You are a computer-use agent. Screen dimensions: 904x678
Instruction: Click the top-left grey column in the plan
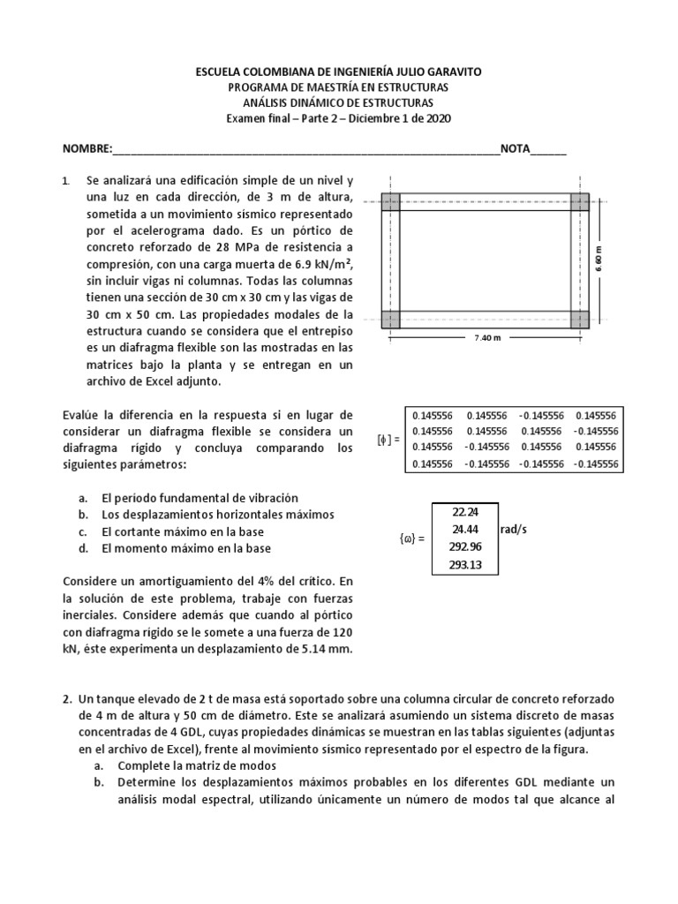[x=390, y=202]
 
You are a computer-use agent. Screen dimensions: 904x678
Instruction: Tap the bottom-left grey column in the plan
[x=390, y=319]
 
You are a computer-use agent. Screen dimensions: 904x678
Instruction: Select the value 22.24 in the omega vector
[x=464, y=511]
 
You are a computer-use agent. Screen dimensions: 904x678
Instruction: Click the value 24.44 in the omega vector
[x=464, y=529]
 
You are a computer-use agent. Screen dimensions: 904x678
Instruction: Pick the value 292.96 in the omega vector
[x=464, y=546]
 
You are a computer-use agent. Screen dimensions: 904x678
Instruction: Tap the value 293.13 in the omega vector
[x=464, y=565]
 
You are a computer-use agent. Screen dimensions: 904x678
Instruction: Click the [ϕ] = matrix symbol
[x=387, y=439]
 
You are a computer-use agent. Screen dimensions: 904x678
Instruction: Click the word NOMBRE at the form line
[x=87, y=148]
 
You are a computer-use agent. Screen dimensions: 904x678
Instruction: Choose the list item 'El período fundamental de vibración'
[x=200, y=498]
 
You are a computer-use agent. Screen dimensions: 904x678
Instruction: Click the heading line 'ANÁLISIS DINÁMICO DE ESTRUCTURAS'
[x=338, y=103]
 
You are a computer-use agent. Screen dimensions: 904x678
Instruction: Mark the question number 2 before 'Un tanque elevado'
[x=66, y=698]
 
